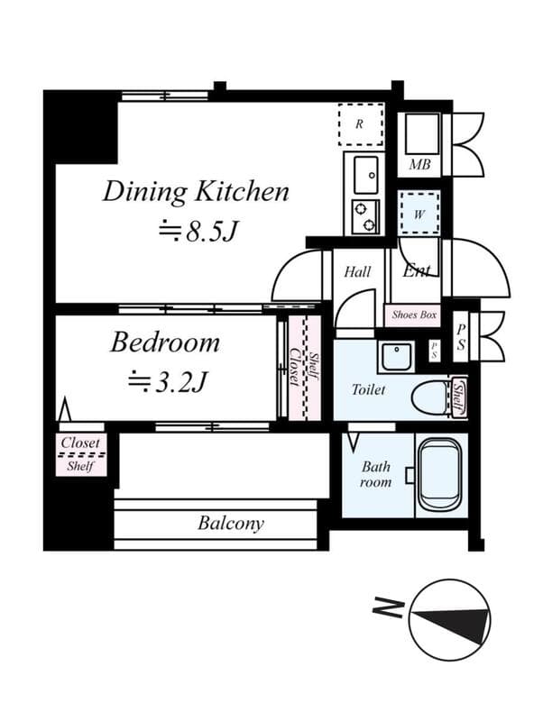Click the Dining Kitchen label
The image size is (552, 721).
tap(195, 192)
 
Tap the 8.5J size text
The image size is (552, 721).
tap(198, 232)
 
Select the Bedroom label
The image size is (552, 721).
tap(165, 343)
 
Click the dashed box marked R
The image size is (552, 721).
tap(360, 124)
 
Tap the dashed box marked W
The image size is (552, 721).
tap(419, 214)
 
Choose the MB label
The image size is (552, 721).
tap(419, 165)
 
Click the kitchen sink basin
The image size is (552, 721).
tap(366, 175)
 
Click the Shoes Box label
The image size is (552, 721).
tap(413, 315)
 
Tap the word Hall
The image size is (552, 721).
tap(357, 271)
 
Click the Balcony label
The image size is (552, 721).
tap(231, 524)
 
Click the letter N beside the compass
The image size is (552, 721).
tap(386, 609)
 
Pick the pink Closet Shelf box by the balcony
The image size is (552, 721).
tap(81, 454)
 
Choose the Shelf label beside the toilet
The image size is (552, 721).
tap(459, 397)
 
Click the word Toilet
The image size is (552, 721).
tap(368, 390)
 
